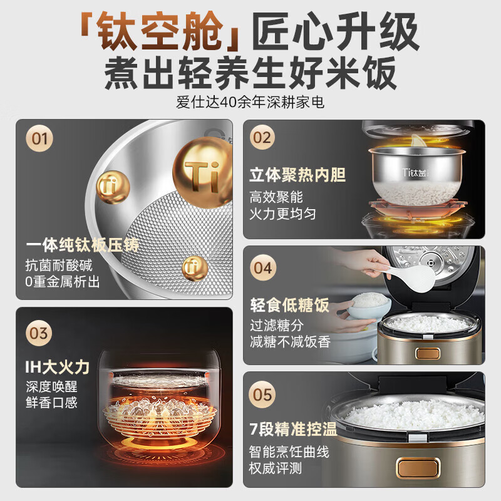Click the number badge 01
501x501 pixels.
point(39,138)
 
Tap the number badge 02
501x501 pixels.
point(262,137)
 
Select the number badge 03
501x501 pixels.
point(39,333)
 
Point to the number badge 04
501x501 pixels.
point(263,268)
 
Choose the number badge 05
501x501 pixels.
point(262,395)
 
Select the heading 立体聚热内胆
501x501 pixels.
point(297,175)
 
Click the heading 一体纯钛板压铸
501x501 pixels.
point(83,245)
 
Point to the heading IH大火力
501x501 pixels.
point(58,366)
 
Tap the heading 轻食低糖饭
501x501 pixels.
point(289,305)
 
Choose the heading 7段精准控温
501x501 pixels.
point(293,429)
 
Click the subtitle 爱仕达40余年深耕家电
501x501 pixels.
point(250,102)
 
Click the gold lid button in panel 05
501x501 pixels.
point(418,468)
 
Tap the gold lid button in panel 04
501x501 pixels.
point(428,353)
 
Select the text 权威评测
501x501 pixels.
point(276,468)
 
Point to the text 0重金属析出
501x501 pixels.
point(62,282)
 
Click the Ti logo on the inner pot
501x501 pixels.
point(415,173)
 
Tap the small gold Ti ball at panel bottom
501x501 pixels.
point(195,268)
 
